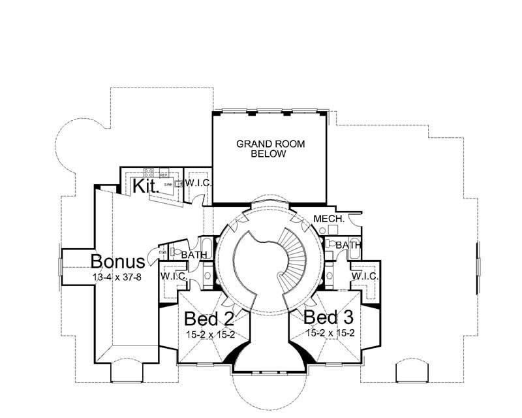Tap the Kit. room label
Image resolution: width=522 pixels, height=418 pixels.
pos(144,187)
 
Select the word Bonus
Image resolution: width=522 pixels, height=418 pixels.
pos(117,262)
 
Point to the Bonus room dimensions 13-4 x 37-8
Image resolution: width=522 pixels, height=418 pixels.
pos(117,276)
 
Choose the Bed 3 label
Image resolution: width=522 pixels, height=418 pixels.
pos(330,317)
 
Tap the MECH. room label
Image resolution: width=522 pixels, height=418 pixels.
pos(329,219)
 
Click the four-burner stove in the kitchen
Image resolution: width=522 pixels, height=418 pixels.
pos(148,173)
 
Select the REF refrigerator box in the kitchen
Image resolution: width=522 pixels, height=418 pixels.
pos(164,175)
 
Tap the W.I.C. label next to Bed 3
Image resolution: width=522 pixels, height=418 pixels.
pos(363,276)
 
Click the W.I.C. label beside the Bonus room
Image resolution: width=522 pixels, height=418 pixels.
pos(174,276)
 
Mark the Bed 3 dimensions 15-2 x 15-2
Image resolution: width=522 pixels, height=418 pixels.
pos(330,332)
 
